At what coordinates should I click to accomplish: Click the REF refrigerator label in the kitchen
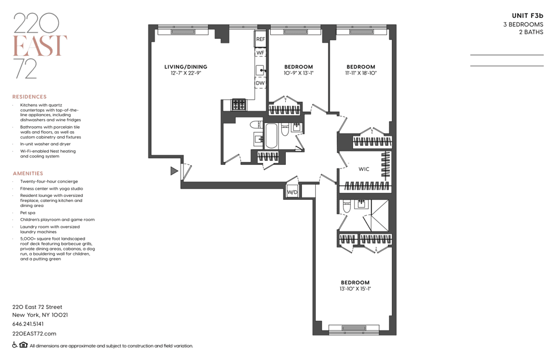[260, 39]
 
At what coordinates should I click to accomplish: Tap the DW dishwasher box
[260, 83]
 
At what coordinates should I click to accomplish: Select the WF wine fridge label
[260, 52]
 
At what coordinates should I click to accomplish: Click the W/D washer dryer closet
[292, 192]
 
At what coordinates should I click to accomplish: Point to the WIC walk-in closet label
[364, 169]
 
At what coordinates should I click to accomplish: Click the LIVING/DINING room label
[186, 67]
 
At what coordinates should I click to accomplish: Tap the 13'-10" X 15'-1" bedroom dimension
[355, 289]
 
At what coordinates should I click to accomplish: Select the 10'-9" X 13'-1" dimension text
[299, 73]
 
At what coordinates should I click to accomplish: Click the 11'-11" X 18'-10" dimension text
[361, 73]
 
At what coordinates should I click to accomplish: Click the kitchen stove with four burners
[239, 105]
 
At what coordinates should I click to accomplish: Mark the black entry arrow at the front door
[174, 171]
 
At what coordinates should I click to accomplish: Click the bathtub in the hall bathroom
[272, 136]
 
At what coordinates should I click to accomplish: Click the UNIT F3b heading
[528, 16]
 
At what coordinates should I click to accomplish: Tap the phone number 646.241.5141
[28, 324]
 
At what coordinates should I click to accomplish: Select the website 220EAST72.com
[34, 333]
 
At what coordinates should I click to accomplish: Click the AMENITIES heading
[28, 173]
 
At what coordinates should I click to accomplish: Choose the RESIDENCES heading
[29, 97]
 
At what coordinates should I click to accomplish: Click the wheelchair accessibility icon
[15, 345]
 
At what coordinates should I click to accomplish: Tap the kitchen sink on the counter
[260, 70]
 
